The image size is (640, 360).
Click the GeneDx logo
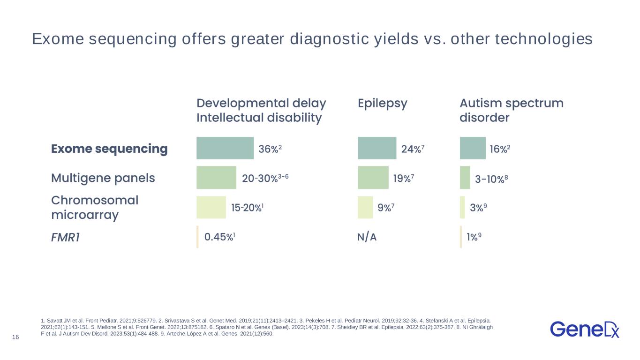(x=585, y=329)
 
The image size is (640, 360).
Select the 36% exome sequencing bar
(x=225, y=148)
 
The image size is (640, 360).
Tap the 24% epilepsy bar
(x=376, y=148)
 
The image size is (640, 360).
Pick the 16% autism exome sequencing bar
(x=473, y=148)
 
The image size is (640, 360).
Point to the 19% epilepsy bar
(x=373, y=178)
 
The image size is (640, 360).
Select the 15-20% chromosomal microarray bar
(x=211, y=207)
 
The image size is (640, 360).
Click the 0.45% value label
(x=219, y=237)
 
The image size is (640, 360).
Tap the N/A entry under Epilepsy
(x=367, y=237)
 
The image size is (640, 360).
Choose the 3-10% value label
(x=492, y=178)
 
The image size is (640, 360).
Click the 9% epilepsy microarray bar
(x=365, y=207)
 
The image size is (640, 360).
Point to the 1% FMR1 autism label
(x=474, y=237)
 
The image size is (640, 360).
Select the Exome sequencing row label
(x=109, y=149)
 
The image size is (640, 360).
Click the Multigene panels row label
(x=103, y=178)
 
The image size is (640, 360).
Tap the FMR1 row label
(x=65, y=237)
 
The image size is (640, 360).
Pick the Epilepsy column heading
(x=382, y=103)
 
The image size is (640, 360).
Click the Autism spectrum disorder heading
(x=511, y=110)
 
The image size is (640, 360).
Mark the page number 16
(x=15, y=337)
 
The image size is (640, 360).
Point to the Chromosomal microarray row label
(x=94, y=208)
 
